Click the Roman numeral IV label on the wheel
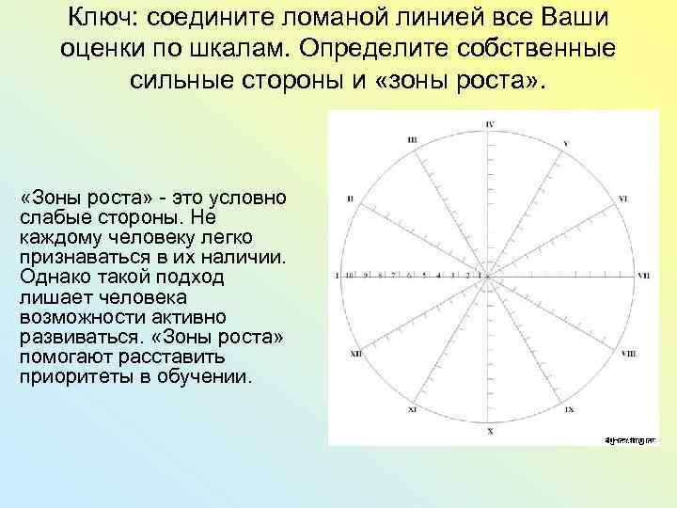click(490, 124)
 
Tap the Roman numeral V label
click(565, 143)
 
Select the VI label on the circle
click(623, 199)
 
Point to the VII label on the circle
click(643, 277)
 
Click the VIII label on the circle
click(627, 353)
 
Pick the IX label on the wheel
click(570, 411)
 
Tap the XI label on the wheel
click(412, 411)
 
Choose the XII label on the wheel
click(355, 354)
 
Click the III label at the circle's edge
click(412, 140)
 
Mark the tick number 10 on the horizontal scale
click(349, 276)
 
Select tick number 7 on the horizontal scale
click(395, 276)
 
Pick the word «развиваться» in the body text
click(77, 336)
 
